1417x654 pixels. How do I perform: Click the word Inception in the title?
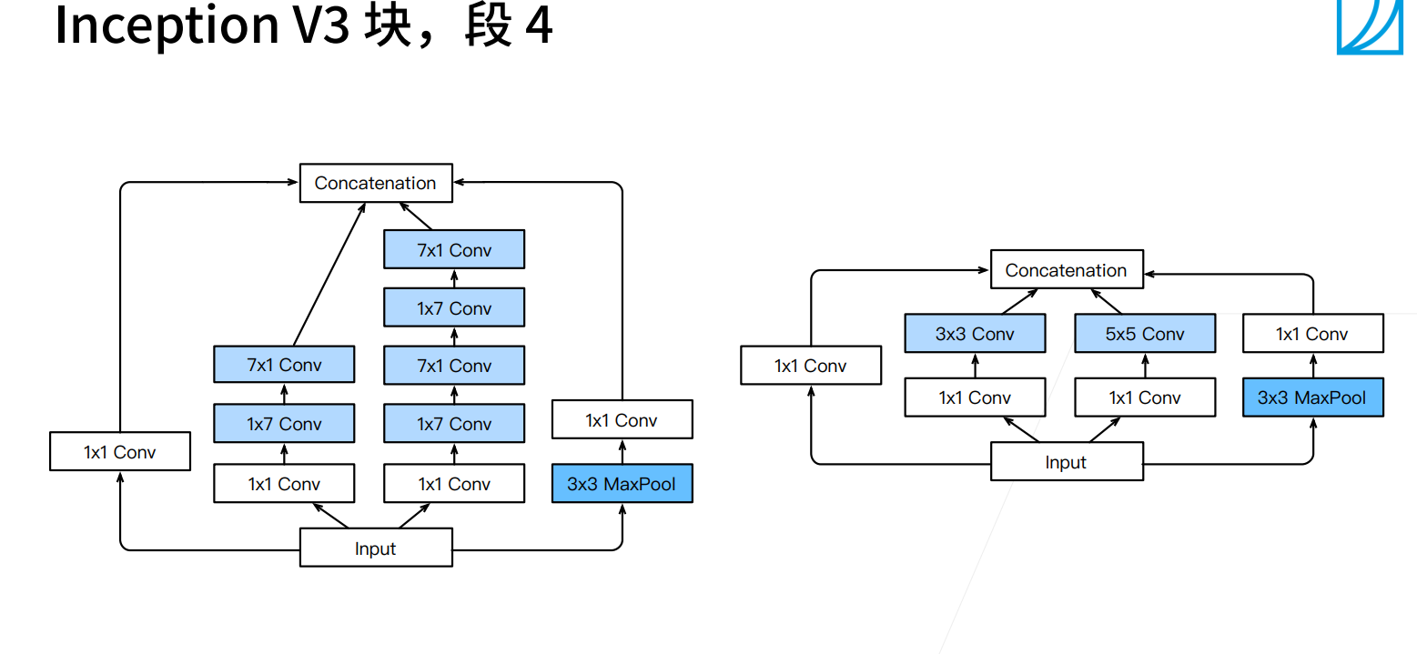pyautogui.click(x=167, y=25)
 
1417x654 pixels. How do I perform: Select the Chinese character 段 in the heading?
pyautogui.click(x=488, y=25)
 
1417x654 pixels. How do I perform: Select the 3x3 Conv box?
pyautogui.click(x=975, y=334)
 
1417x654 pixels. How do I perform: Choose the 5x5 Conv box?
pyautogui.click(x=1145, y=334)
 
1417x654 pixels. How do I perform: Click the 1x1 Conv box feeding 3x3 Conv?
pyautogui.click(x=975, y=397)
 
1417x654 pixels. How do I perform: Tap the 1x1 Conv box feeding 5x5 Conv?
pyautogui.click(x=1145, y=397)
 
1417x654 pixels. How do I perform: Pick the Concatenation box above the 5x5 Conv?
pyautogui.click(x=1066, y=270)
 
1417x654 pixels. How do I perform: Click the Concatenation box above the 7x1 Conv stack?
pyautogui.click(x=375, y=183)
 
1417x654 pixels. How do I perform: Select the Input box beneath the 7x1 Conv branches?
pyautogui.click(x=375, y=548)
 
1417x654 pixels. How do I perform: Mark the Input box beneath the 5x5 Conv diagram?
pyautogui.click(x=1066, y=462)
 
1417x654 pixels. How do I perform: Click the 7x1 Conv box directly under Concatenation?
pyautogui.click(x=454, y=250)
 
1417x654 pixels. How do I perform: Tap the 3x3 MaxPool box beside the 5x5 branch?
pyautogui.click(x=1312, y=397)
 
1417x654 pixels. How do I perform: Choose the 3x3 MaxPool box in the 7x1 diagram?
pyautogui.click(x=622, y=484)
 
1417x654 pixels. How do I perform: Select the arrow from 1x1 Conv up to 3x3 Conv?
pyautogui.click(x=975, y=366)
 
